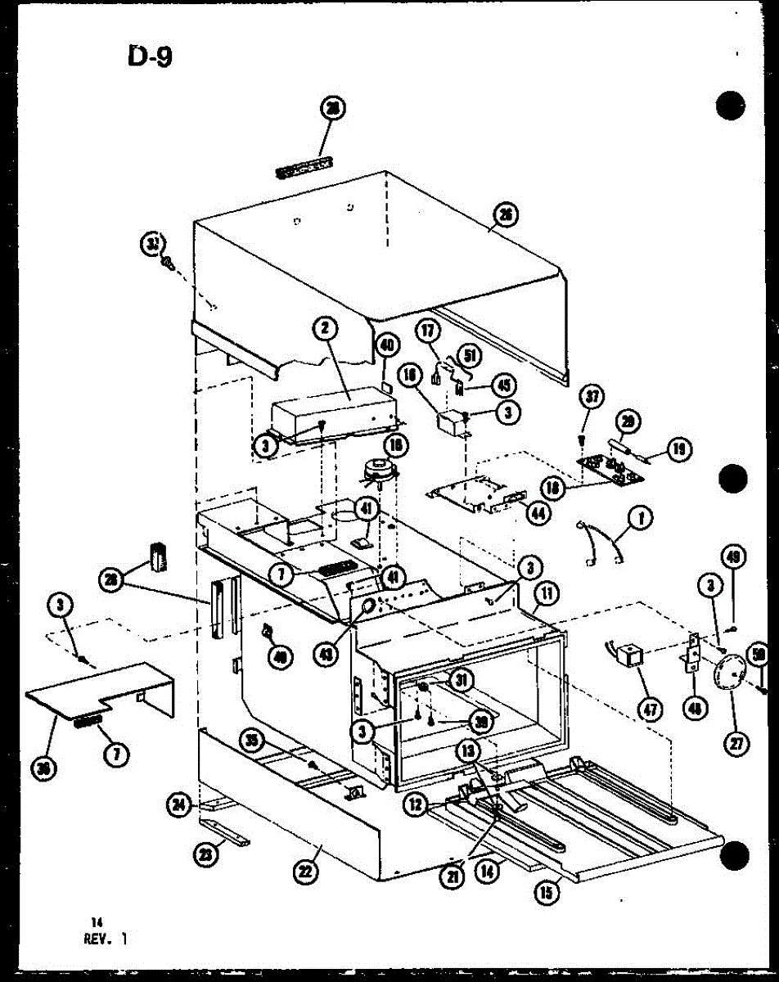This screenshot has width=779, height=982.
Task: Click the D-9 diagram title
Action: pyautogui.click(x=150, y=57)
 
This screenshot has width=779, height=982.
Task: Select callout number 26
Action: pyautogui.click(x=507, y=215)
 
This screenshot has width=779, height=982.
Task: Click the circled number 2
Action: pyautogui.click(x=325, y=329)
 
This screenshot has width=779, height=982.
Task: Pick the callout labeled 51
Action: pyautogui.click(x=471, y=354)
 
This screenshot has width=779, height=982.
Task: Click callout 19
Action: pyautogui.click(x=680, y=447)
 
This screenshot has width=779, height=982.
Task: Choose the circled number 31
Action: pyautogui.click(x=463, y=678)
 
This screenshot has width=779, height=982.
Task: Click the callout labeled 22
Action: pyautogui.click(x=304, y=873)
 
